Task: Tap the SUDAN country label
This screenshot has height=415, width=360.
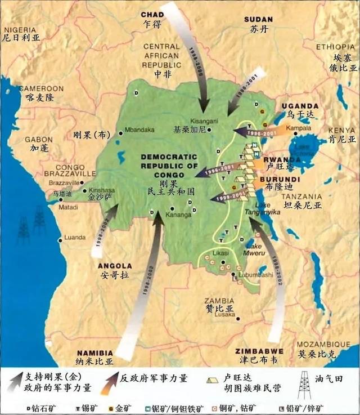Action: [258, 20]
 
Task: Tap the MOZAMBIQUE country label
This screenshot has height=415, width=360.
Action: [323, 342]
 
